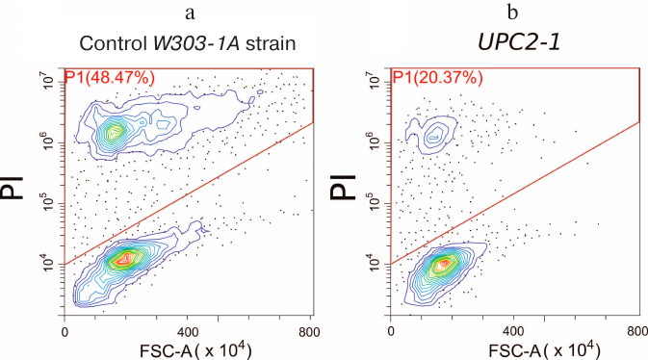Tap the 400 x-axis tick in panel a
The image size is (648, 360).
(189, 330)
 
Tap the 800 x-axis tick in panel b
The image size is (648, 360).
(636, 330)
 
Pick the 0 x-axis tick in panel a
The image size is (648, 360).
(65, 330)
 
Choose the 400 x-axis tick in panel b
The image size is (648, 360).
(514, 330)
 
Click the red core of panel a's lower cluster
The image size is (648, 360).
(124, 258)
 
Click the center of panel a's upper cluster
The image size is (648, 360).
(117, 131)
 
